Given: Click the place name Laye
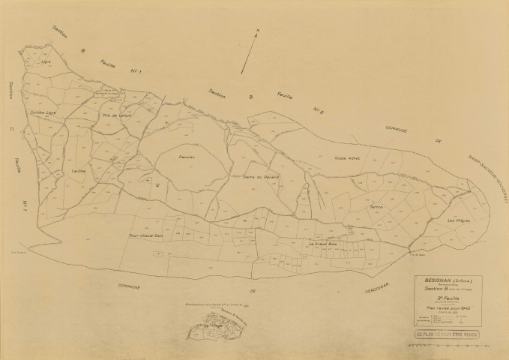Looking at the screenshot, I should [46, 61].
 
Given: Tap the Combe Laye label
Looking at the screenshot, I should [43, 112].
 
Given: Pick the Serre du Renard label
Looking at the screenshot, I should [256, 177].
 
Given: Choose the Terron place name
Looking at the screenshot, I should [376, 206].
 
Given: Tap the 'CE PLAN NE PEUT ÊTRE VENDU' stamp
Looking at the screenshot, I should [446, 334].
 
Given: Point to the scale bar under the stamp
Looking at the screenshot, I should [445, 347].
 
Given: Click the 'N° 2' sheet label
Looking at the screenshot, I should [318, 109].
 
